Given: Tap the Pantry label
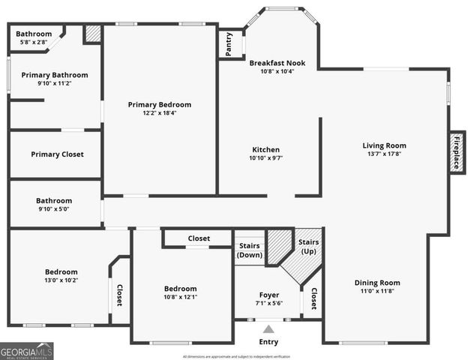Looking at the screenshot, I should coord(229,44).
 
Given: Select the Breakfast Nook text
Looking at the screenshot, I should coord(277,62).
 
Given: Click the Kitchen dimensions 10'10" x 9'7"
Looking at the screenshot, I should coord(265,158).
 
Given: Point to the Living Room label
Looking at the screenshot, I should coord(384,145).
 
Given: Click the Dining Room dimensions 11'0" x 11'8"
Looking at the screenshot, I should coord(377,292).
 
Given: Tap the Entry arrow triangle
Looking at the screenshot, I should coord(268,328).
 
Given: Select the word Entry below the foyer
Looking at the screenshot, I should coord(268,341).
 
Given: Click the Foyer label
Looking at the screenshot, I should coord(268,295).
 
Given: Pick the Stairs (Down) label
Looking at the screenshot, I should coord(250,250).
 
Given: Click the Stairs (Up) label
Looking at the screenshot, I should coord(308,247).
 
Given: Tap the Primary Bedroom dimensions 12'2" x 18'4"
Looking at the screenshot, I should coord(159,113).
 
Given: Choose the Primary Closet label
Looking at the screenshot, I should coord(57,154).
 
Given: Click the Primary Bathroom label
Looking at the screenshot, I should coord(54,75).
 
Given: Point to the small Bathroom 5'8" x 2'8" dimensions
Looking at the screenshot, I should coord(34,43).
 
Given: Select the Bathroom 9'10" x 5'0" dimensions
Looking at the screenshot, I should coord(54,209).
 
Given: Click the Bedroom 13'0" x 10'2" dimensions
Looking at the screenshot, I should coord(61,280).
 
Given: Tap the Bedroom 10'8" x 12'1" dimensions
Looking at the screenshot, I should coord(181,297).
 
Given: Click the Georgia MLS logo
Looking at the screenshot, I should coord(27,350).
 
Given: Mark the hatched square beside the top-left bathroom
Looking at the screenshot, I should coord(92,34).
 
